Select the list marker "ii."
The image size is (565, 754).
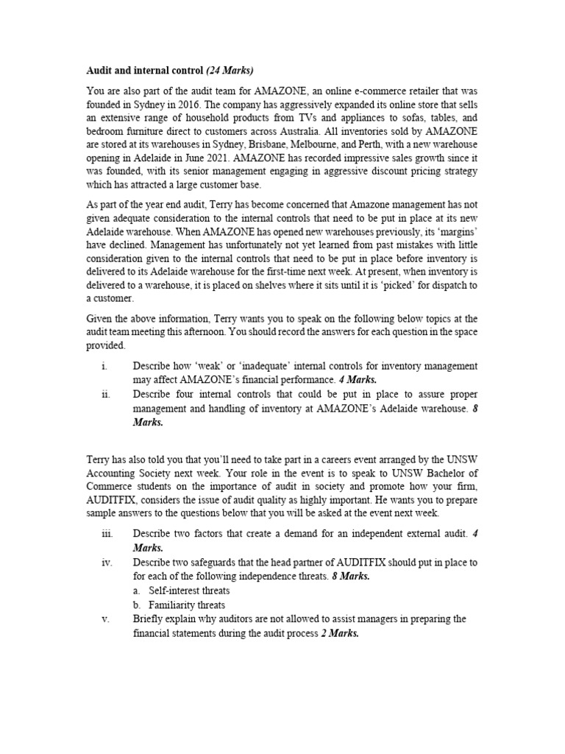(x=105, y=394)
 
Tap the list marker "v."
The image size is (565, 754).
(x=105, y=619)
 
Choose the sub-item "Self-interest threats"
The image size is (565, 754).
(x=189, y=591)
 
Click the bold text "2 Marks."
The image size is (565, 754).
(x=340, y=633)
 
